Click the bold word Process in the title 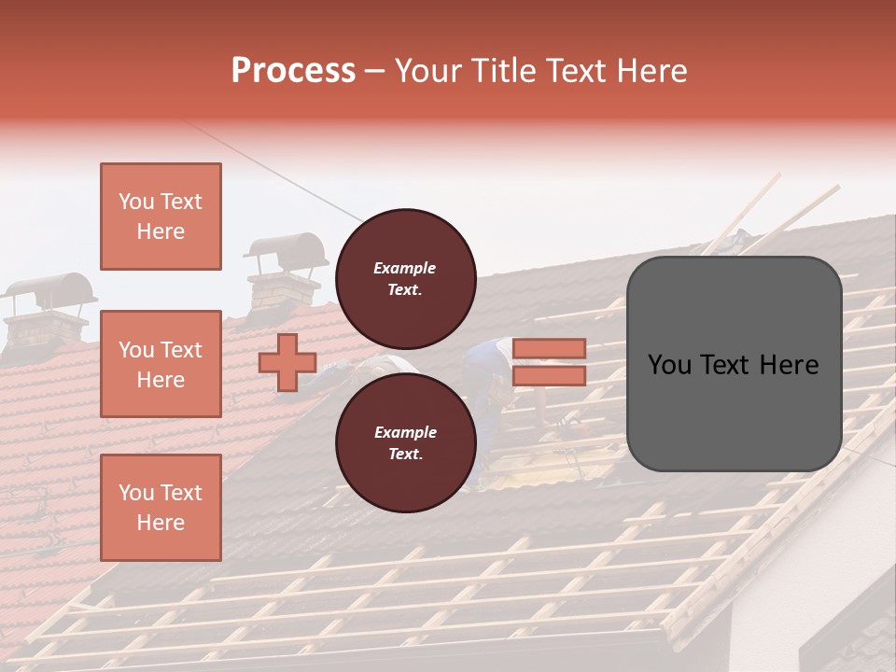pyautogui.click(x=293, y=71)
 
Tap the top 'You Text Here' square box pyautogui.click(x=161, y=217)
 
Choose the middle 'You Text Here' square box pyautogui.click(x=161, y=364)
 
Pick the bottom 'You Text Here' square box pyautogui.click(x=161, y=507)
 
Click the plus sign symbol pyautogui.click(x=287, y=363)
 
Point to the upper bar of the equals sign pyautogui.click(x=549, y=348)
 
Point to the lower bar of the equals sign pyautogui.click(x=549, y=375)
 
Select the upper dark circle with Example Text pyautogui.click(x=405, y=278)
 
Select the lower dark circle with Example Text pyautogui.click(x=405, y=442)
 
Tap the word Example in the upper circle pyautogui.click(x=405, y=268)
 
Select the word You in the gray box pyautogui.click(x=669, y=365)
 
